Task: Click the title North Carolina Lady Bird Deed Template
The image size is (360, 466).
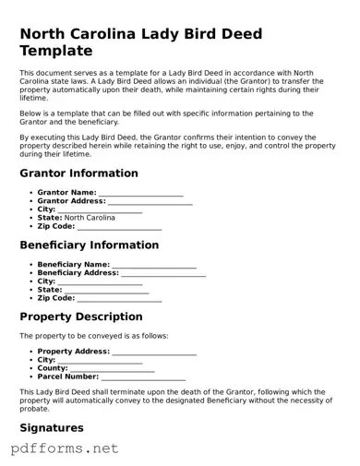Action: [141, 42]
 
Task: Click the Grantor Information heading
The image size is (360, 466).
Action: [78, 173]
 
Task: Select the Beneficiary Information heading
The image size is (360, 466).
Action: [90, 245]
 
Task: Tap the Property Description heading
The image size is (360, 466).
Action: [81, 317]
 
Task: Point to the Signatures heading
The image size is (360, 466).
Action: [52, 428]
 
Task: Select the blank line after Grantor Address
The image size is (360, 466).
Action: [150, 202]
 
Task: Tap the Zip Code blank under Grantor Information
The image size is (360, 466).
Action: [119, 227]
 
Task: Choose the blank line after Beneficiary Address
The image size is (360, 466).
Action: [163, 274]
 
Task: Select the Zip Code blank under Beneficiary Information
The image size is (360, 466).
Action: [119, 299]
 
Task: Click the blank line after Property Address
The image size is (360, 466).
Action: [154, 352]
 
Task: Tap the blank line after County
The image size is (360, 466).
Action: [113, 369]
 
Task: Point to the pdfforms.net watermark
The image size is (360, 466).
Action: [65, 448]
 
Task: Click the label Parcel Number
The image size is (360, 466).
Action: [68, 376]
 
